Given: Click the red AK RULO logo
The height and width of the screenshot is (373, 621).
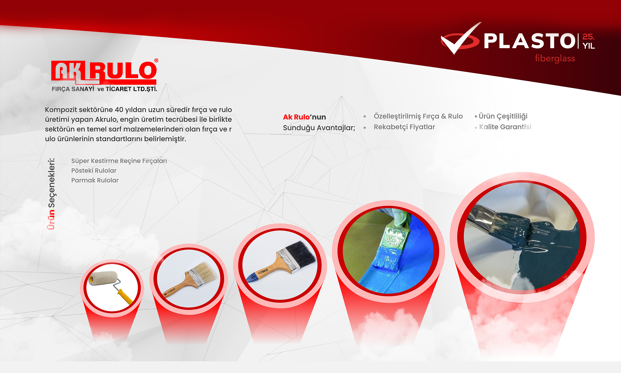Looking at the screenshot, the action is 104,72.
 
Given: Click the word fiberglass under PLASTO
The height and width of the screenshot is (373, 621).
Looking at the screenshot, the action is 555,59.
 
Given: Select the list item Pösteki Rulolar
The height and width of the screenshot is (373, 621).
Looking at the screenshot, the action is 94,171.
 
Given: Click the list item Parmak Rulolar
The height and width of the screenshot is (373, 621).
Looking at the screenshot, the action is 95,181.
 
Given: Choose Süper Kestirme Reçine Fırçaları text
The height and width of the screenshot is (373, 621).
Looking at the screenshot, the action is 119,161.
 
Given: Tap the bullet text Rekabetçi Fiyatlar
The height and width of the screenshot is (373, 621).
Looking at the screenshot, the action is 404,127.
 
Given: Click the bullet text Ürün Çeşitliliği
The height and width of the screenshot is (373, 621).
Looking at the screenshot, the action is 503,116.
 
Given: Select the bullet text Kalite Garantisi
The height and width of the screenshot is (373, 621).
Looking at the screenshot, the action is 505,127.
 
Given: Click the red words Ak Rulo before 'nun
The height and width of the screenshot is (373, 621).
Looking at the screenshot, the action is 296,117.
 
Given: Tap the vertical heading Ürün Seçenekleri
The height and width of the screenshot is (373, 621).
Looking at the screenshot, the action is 51,194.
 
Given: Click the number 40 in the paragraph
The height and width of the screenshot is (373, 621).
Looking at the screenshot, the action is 119,110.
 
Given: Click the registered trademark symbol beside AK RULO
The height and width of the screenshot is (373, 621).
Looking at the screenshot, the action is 156,61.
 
